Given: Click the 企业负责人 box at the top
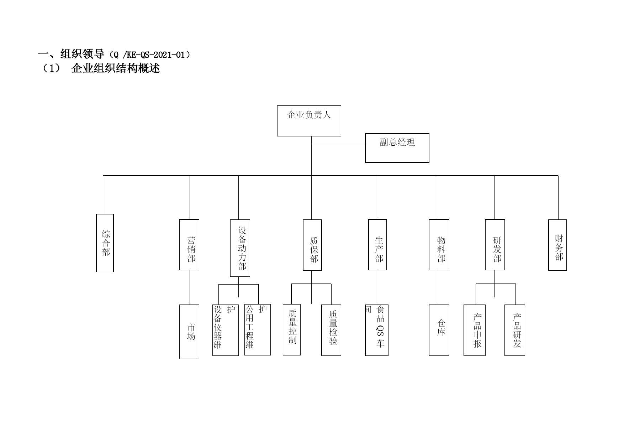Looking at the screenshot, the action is [x=309, y=121].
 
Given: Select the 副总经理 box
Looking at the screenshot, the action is [x=397, y=148].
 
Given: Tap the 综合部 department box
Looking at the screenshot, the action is [x=105, y=243].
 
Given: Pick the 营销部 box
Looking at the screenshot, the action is [x=189, y=245].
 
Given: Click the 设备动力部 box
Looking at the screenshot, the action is [x=240, y=248].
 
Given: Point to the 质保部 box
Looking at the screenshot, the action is [x=312, y=245].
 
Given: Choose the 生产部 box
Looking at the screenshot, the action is [x=377, y=245].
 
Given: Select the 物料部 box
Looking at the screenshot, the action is [x=439, y=245].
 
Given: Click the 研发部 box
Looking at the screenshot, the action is [x=495, y=245].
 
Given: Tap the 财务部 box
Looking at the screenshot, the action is [x=557, y=245].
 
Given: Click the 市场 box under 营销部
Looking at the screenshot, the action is [x=189, y=332].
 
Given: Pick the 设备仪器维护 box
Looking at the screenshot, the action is [x=226, y=330].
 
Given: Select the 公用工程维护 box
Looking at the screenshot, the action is [x=258, y=329].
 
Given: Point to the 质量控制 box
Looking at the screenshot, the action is [x=292, y=329].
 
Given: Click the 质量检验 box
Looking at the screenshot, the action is [x=331, y=330].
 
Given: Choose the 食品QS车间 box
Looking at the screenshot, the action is [x=377, y=330].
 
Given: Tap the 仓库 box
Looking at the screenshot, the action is [x=439, y=330].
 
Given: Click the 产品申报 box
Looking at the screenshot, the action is [x=475, y=330].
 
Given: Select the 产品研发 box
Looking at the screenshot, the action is [x=515, y=330].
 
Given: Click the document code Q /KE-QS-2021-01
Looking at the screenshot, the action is [x=149, y=55].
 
